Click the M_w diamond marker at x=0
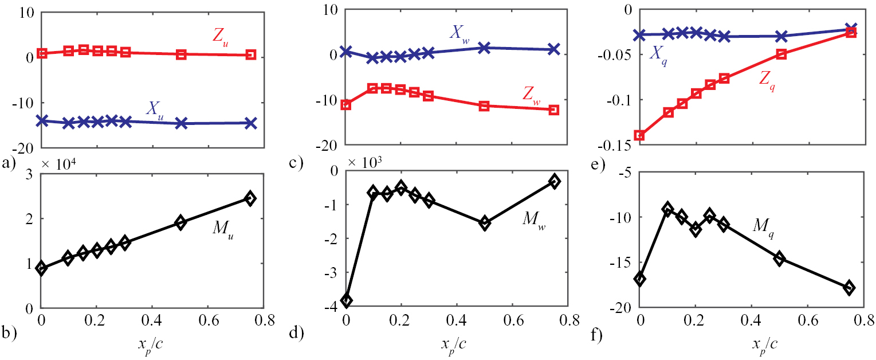(x=346, y=300)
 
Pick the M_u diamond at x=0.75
(x=250, y=198)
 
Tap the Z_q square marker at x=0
(x=640, y=136)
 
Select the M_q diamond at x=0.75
(x=850, y=288)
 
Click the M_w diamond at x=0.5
(x=484, y=223)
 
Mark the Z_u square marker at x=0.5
(x=181, y=54)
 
